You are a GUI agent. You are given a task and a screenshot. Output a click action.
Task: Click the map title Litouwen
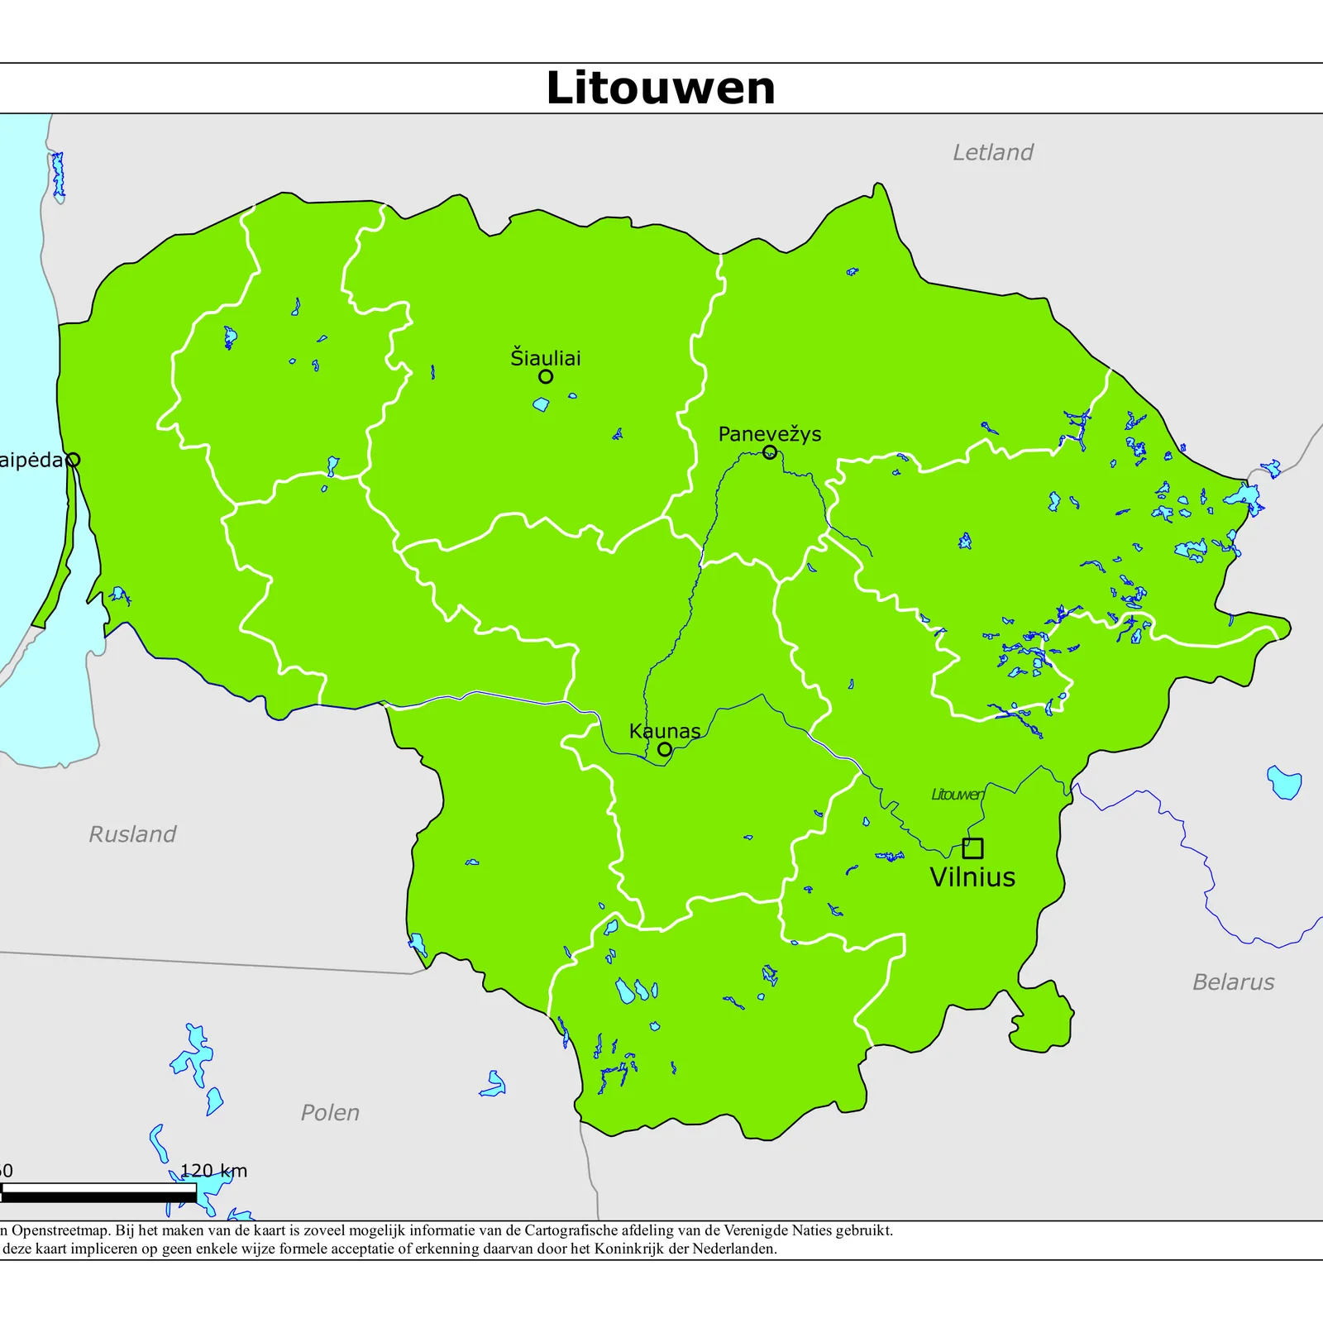(x=661, y=88)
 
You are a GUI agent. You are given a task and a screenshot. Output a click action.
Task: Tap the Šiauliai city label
(x=546, y=358)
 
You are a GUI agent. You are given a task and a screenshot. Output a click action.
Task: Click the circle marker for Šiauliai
(x=546, y=376)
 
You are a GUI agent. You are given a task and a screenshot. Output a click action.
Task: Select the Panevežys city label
(x=769, y=434)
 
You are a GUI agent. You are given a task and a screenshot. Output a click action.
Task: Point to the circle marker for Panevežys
(x=770, y=452)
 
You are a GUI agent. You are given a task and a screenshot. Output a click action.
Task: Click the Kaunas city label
(x=664, y=731)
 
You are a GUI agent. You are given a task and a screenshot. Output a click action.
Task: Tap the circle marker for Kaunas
(x=665, y=749)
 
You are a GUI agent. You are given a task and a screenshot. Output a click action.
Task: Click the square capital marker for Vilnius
(x=972, y=848)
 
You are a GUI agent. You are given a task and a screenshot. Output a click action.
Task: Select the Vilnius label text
(x=972, y=877)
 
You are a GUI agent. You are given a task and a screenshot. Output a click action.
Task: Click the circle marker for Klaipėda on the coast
(x=73, y=460)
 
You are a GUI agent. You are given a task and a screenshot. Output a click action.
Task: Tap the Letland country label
(x=992, y=152)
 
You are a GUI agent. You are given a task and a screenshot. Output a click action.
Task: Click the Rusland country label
(x=132, y=833)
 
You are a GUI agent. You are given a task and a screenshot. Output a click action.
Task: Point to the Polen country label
(x=330, y=1112)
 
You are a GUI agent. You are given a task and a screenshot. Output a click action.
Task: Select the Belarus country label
(x=1233, y=982)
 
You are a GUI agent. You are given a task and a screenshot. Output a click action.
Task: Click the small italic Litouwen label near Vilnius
(x=958, y=795)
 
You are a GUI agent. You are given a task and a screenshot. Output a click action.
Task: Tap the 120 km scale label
(x=213, y=1170)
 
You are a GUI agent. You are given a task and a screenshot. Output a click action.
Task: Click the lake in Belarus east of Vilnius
(x=1284, y=781)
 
